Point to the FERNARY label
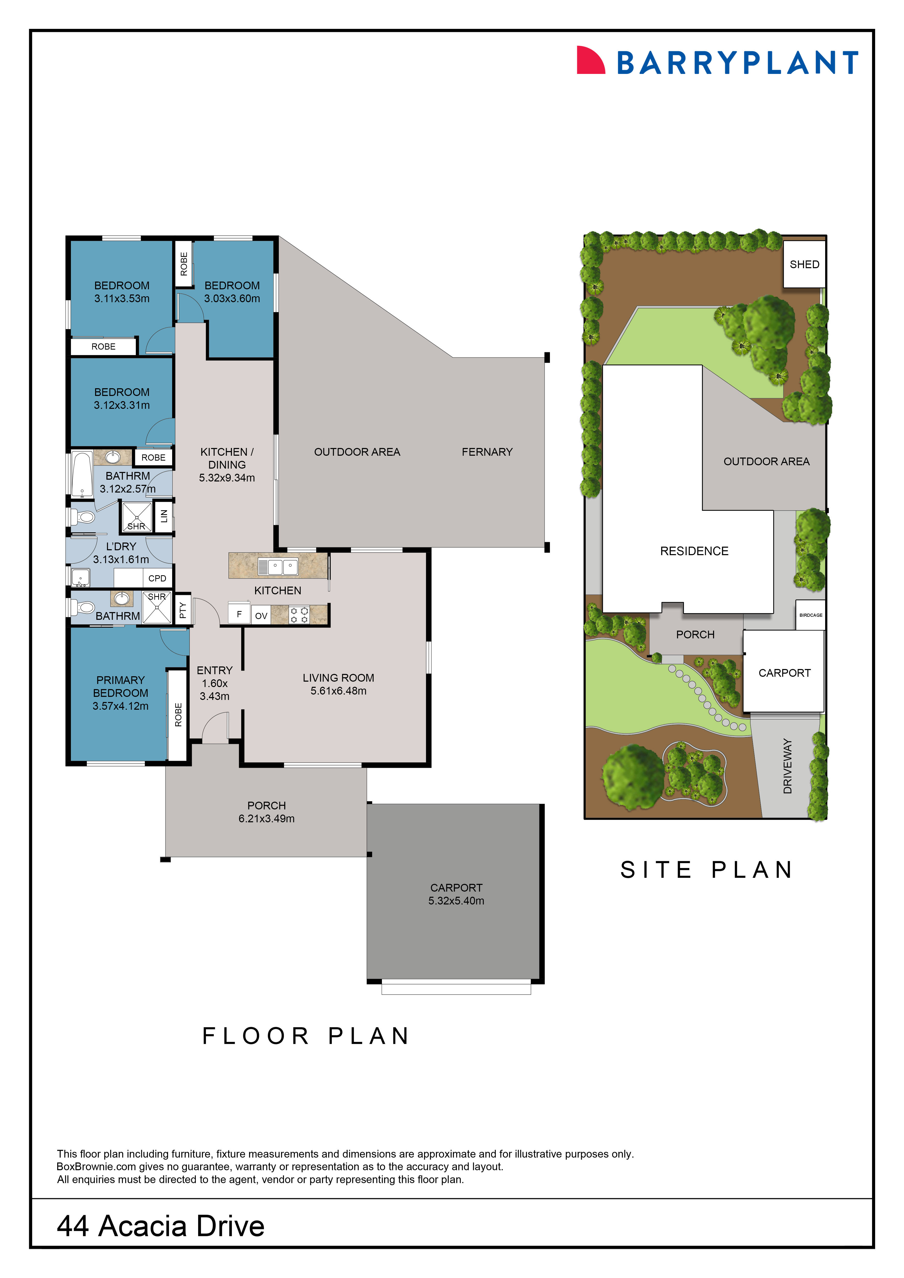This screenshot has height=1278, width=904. pos(487,452)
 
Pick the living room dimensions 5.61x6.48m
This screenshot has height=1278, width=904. pos(338,691)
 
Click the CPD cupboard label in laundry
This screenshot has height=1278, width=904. pos(157,578)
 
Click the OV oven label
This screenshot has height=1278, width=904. pos(261,616)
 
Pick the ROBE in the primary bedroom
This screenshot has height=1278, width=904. pos(178,715)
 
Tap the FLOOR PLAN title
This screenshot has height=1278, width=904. pos(306,1036)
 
